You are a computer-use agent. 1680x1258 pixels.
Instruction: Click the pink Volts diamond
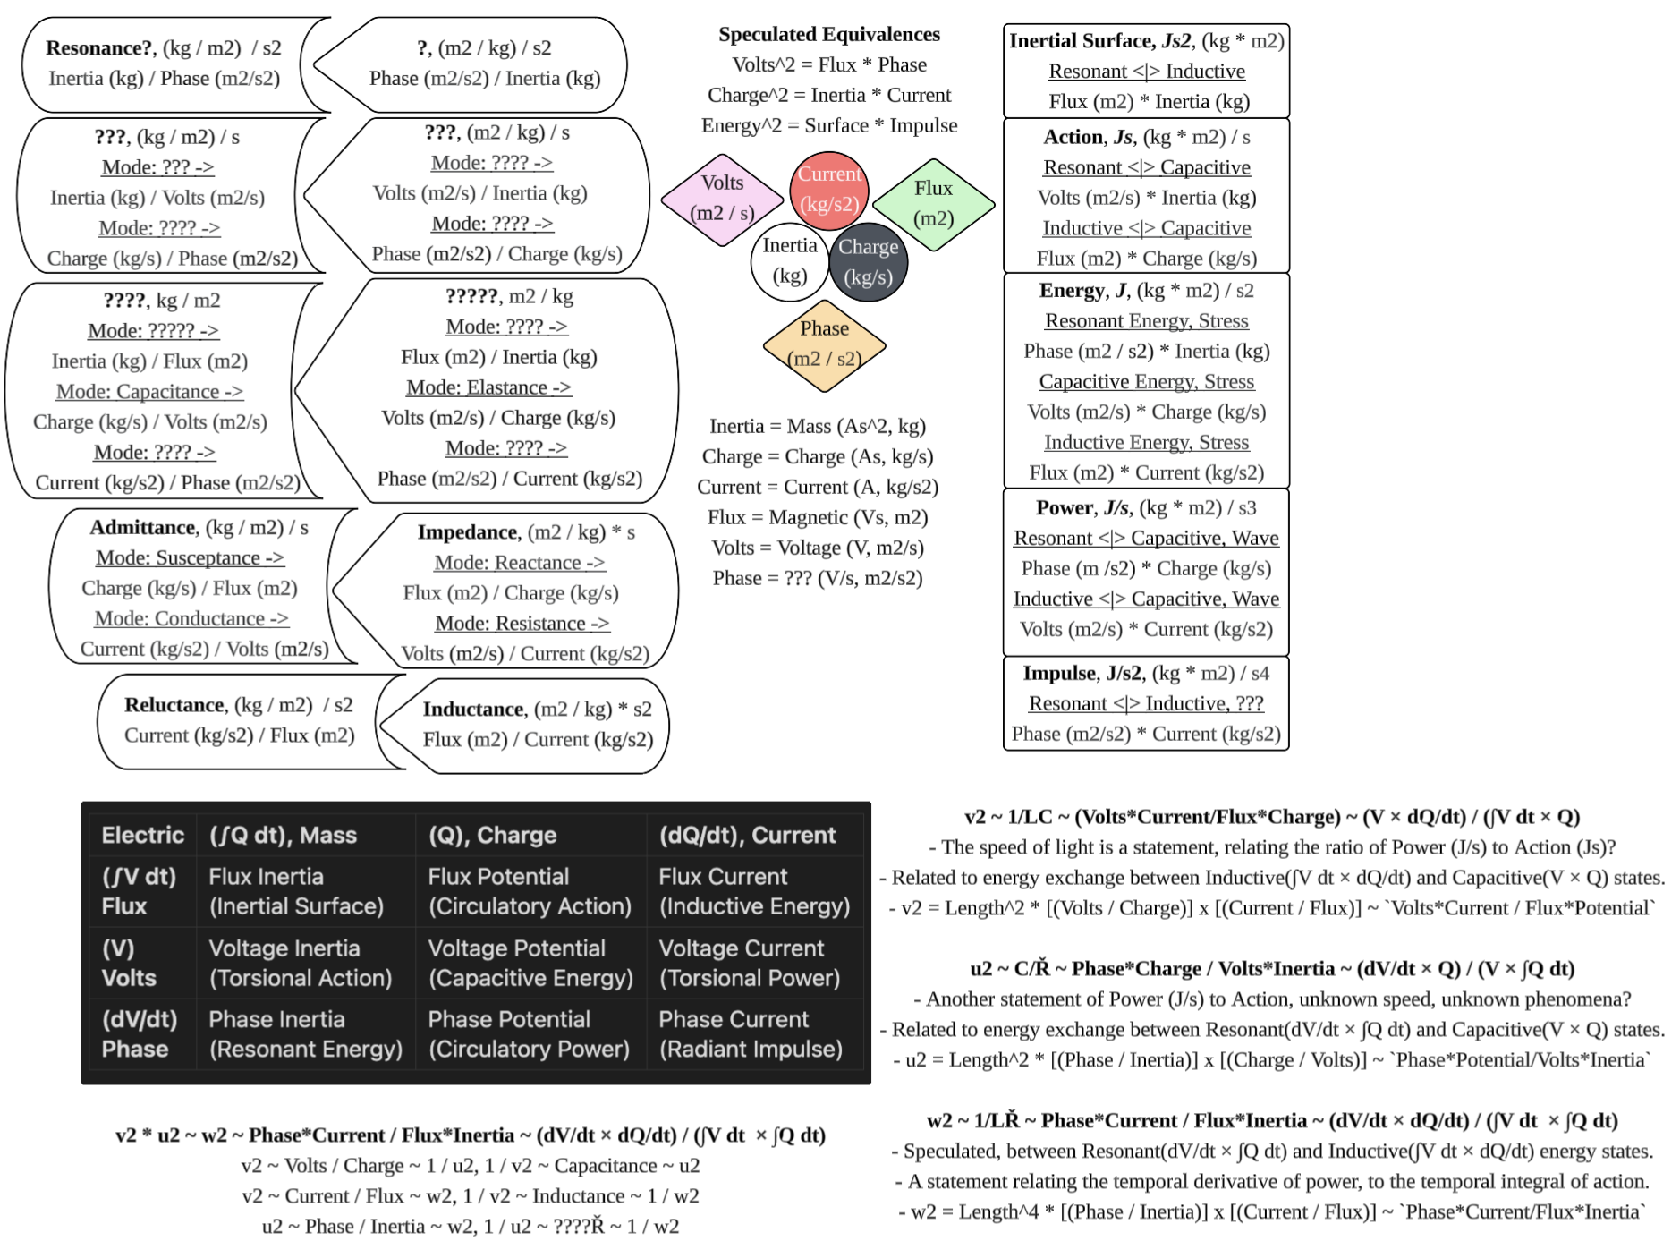pos(722,198)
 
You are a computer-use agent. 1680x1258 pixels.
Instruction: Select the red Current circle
pos(829,190)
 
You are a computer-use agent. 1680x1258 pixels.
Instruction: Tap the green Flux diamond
pos(933,203)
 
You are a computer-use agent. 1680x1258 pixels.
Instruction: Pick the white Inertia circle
pos(789,260)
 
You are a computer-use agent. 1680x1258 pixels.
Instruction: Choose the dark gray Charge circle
pos(868,261)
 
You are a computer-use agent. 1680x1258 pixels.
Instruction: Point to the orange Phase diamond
pos(824,344)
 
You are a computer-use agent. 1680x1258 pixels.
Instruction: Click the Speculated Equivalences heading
pos(829,34)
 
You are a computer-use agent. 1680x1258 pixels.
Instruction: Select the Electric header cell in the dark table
pos(142,835)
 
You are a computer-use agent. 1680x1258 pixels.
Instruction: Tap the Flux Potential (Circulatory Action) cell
pos(530,891)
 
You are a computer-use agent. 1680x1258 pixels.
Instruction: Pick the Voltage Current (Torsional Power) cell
pos(750,963)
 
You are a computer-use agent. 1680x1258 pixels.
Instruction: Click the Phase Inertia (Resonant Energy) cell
pos(305,1033)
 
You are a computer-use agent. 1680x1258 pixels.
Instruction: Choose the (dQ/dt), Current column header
pos(747,835)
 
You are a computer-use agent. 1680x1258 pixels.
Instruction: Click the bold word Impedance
pos(467,532)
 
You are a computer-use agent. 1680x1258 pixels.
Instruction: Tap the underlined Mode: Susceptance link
pos(190,557)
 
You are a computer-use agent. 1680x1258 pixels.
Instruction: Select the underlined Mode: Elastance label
pos(488,387)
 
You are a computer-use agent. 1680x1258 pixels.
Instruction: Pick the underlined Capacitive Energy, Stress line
pos(1146,382)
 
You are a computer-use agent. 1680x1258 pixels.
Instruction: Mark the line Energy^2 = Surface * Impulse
pos(829,125)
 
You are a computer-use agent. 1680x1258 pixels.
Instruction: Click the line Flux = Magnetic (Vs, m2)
pos(817,517)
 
